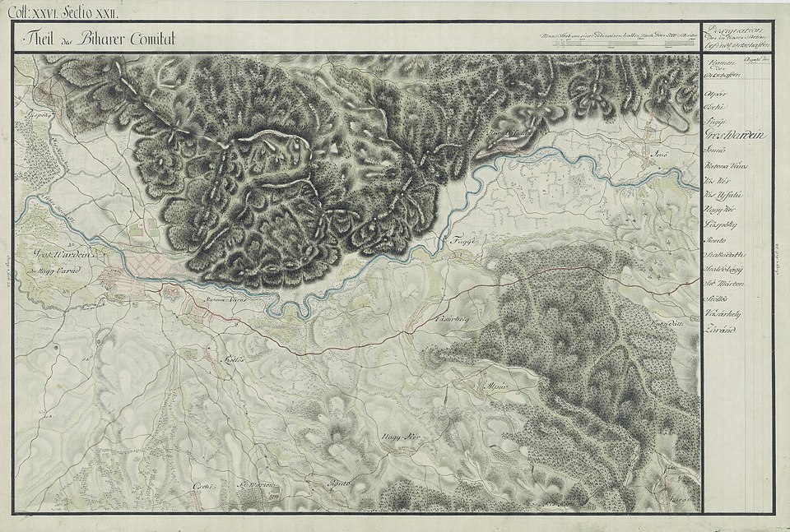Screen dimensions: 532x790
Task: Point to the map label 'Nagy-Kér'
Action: point(398,437)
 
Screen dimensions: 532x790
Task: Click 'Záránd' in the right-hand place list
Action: point(720,330)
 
